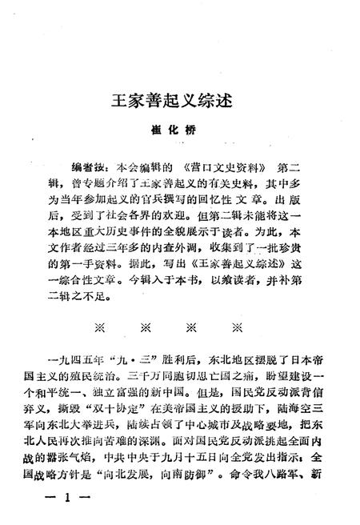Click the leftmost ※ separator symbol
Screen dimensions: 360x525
100,327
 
